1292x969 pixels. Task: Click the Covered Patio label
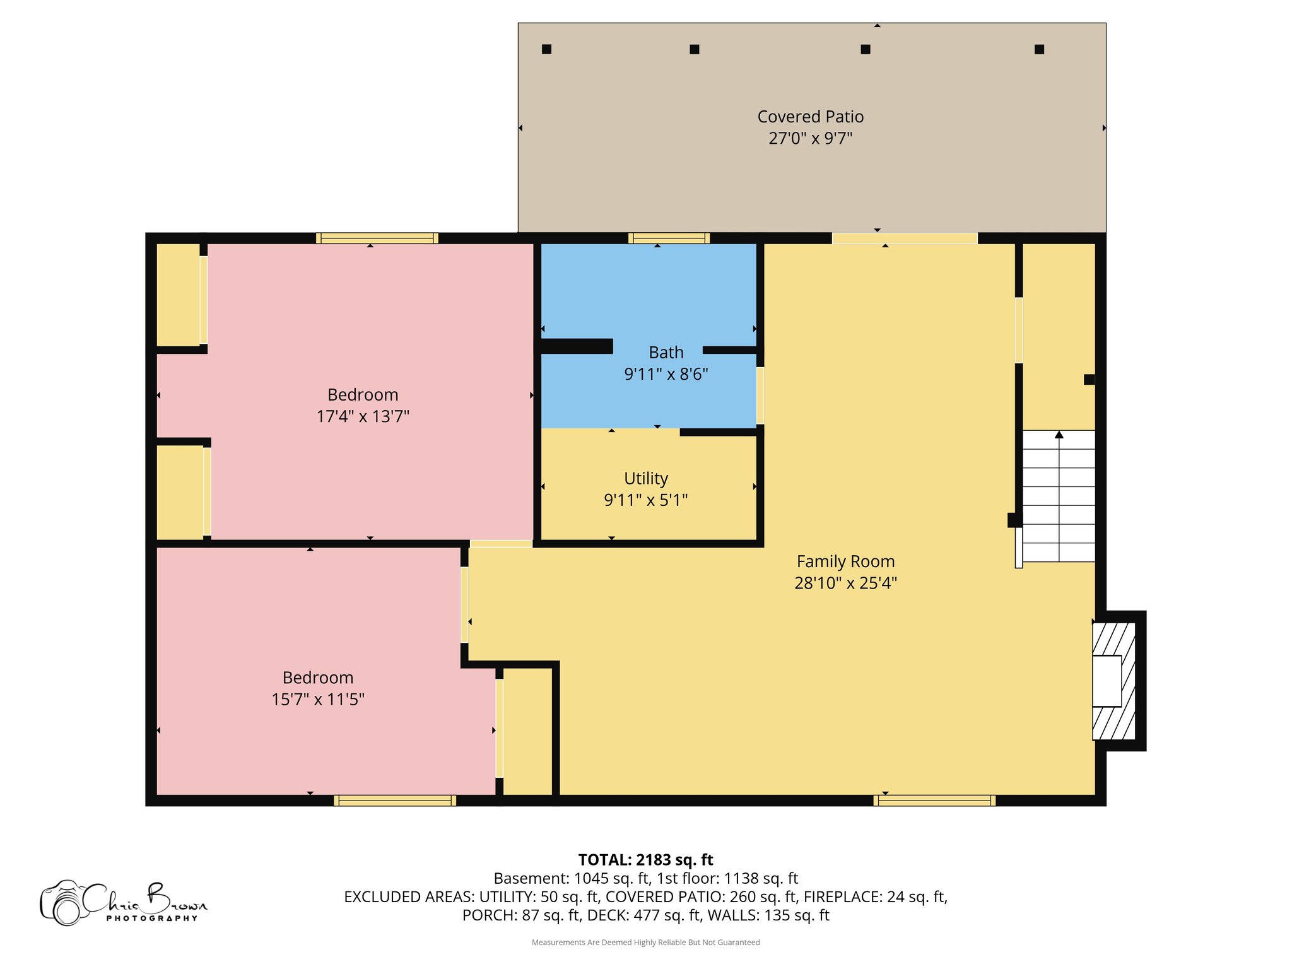pos(810,117)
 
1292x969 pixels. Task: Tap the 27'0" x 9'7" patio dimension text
pos(810,138)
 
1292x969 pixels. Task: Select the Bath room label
pos(666,352)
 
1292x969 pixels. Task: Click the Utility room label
pos(645,478)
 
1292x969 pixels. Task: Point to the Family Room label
pos(845,561)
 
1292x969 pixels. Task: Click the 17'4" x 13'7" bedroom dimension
pos(363,416)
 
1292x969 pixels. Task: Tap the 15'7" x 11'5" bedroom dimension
pos(318,699)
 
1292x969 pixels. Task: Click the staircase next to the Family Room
pos(1058,496)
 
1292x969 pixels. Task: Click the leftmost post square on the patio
pos(546,49)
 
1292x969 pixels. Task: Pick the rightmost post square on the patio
pos(1039,49)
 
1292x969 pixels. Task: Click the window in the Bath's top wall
pos(669,238)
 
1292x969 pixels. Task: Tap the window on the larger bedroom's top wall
pos(377,238)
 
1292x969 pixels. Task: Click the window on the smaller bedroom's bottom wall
pos(395,801)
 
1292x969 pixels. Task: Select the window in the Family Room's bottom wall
pos(934,801)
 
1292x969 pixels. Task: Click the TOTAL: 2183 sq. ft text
pos(645,860)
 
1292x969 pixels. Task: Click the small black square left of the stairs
pos(1013,520)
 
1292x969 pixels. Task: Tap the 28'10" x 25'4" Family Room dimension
pos(845,583)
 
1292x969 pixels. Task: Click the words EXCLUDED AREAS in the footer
pos(408,896)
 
